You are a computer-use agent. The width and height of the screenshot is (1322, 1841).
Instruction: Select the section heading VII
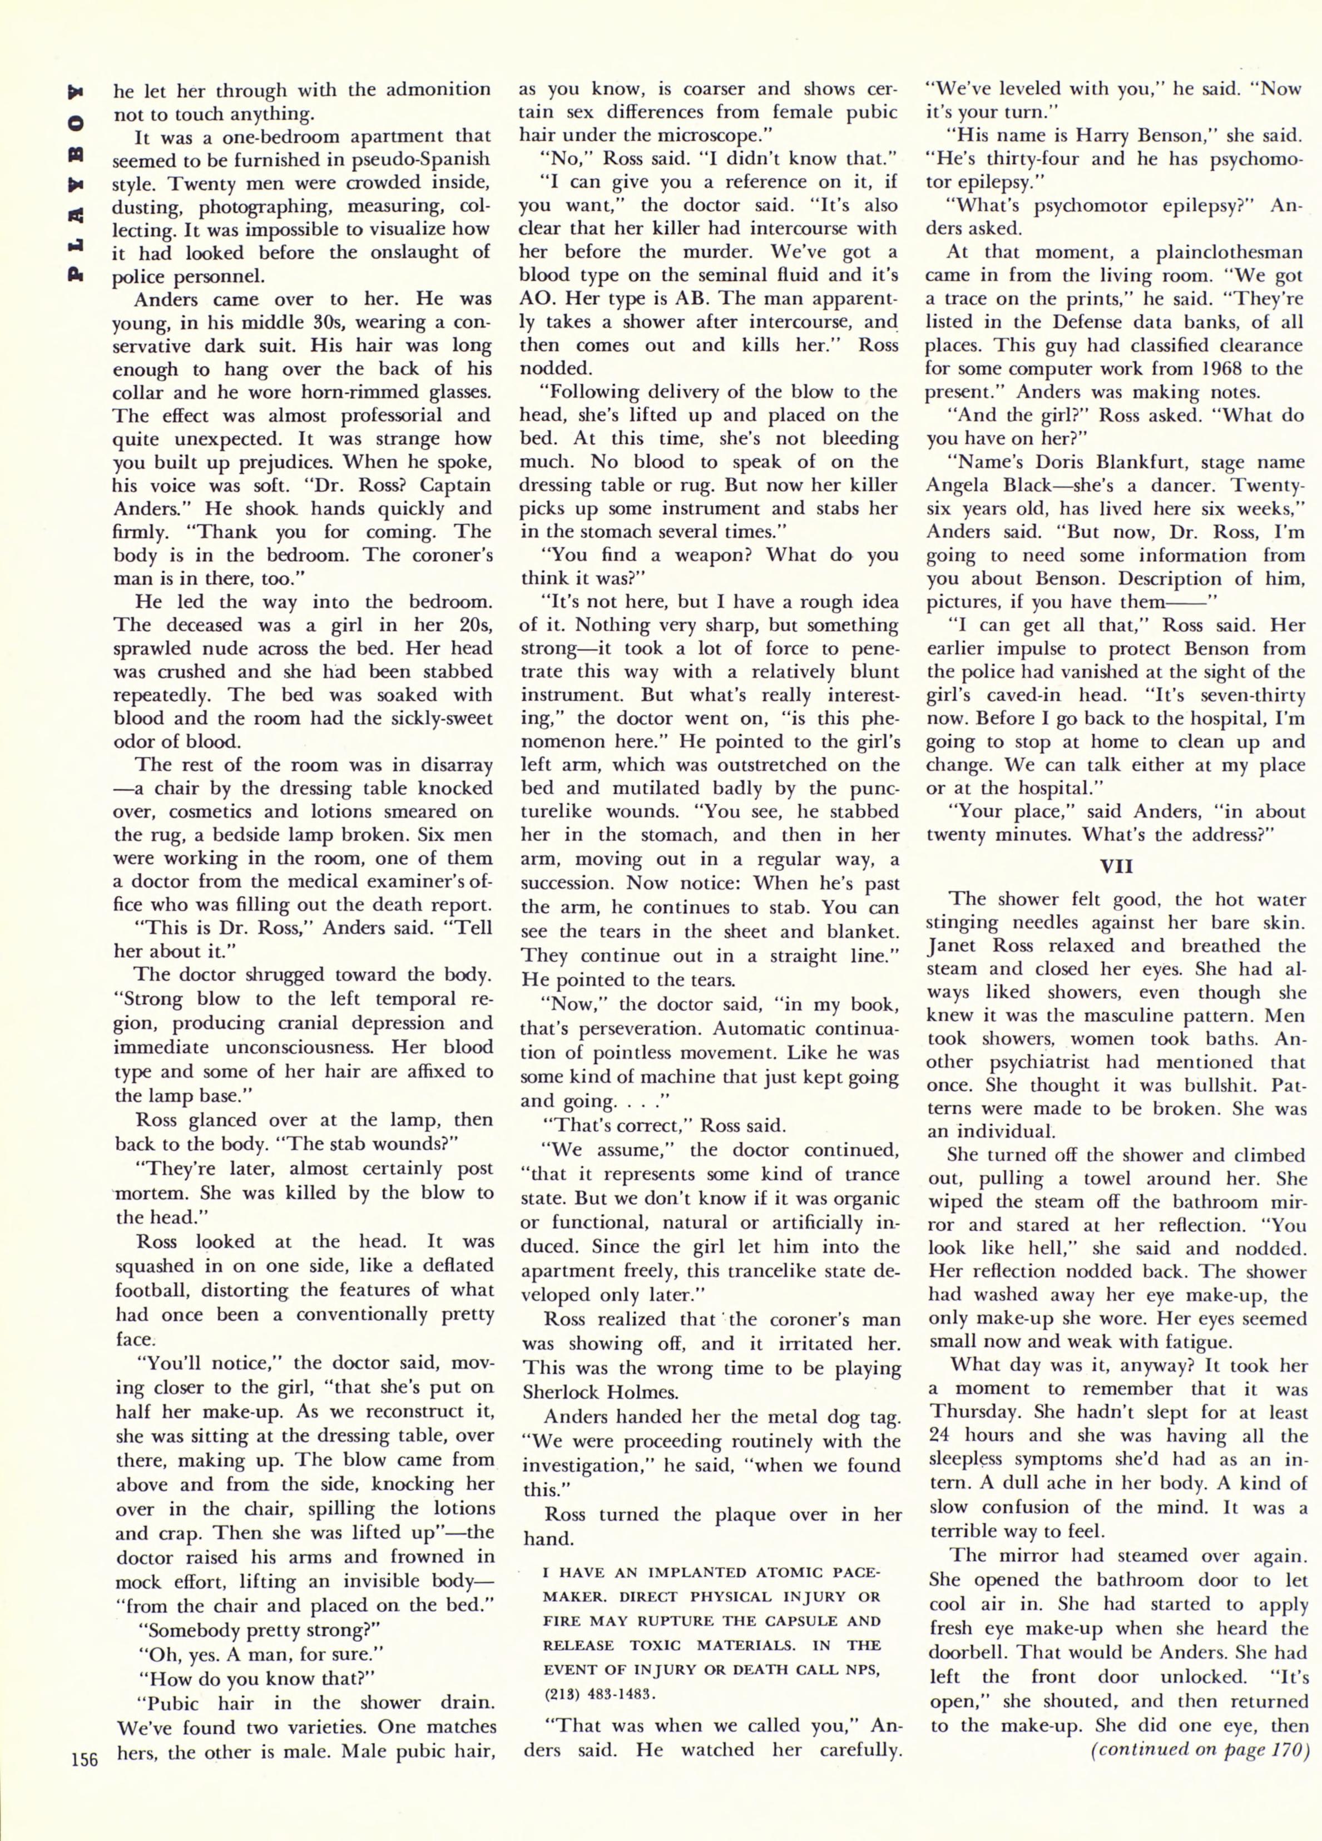1116,866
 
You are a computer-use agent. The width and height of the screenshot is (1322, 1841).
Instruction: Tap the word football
154,1289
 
